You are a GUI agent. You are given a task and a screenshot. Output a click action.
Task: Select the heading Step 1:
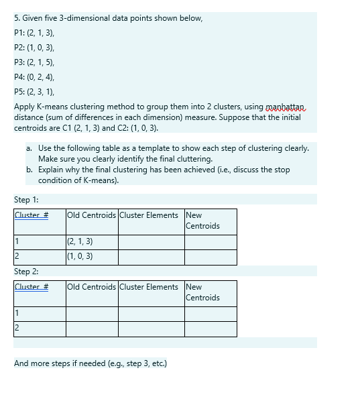(x=26, y=200)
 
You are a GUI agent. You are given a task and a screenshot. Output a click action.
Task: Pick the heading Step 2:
(x=26, y=272)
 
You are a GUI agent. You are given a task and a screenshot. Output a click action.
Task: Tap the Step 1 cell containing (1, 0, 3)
(x=80, y=256)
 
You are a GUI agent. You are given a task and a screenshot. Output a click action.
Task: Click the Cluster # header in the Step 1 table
(x=32, y=215)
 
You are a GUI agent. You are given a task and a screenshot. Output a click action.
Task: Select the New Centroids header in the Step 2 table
(x=202, y=292)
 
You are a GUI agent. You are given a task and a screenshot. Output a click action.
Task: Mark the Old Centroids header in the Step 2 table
(x=91, y=287)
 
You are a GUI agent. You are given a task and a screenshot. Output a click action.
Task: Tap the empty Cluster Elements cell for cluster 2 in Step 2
(x=152, y=329)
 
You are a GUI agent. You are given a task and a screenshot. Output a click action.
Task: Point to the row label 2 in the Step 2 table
(x=17, y=329)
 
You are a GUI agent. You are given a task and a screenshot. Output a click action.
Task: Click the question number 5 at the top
(x=17, y=17)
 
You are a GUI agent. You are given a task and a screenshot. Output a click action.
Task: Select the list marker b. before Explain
(x=30, y=170)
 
